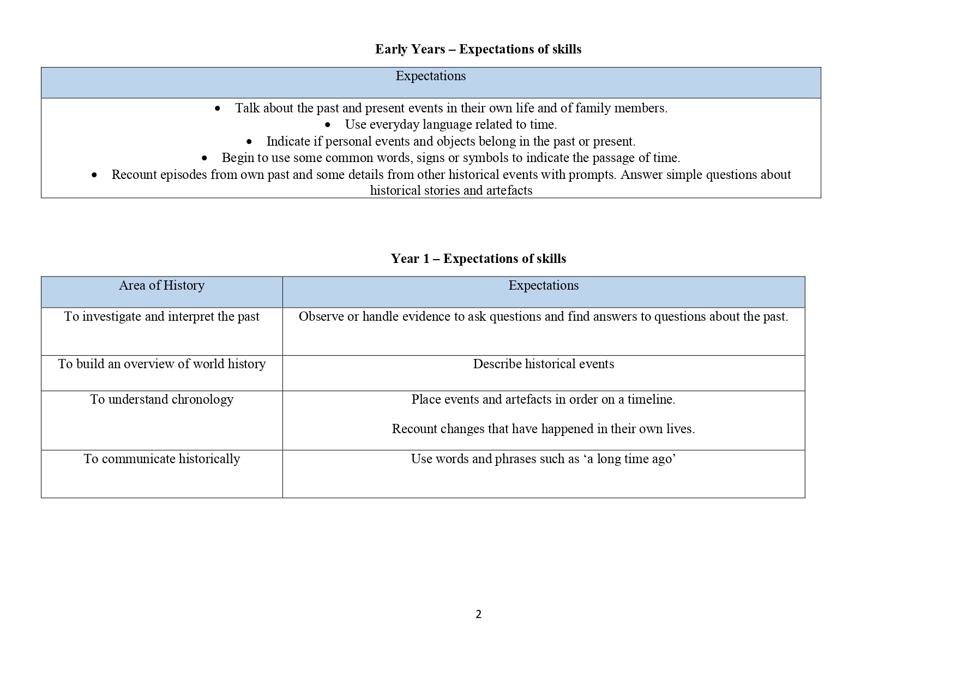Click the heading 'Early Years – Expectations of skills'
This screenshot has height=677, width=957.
(478, 49)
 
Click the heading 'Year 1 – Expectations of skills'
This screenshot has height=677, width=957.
(478, 259)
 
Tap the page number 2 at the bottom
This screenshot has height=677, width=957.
(478, 614)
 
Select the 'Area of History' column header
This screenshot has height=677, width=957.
(161, 285)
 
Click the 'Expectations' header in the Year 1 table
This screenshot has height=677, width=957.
(543, 285)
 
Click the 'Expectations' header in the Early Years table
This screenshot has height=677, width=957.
(430, 76)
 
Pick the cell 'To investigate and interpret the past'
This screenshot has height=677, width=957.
(161, 316)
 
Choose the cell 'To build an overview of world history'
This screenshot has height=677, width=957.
(161, 364)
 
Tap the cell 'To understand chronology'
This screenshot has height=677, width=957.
(161, 399)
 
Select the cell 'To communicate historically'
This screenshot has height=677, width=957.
(161, 459)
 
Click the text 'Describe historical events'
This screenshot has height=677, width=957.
(543, 364)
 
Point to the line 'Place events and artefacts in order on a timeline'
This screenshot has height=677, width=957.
(543, 399)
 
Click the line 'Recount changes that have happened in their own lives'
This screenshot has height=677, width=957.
(543, 429)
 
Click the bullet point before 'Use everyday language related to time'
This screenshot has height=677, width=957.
(327, 125)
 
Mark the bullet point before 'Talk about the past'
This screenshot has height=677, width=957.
(218, 109)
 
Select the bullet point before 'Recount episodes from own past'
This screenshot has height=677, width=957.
(94, 175)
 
